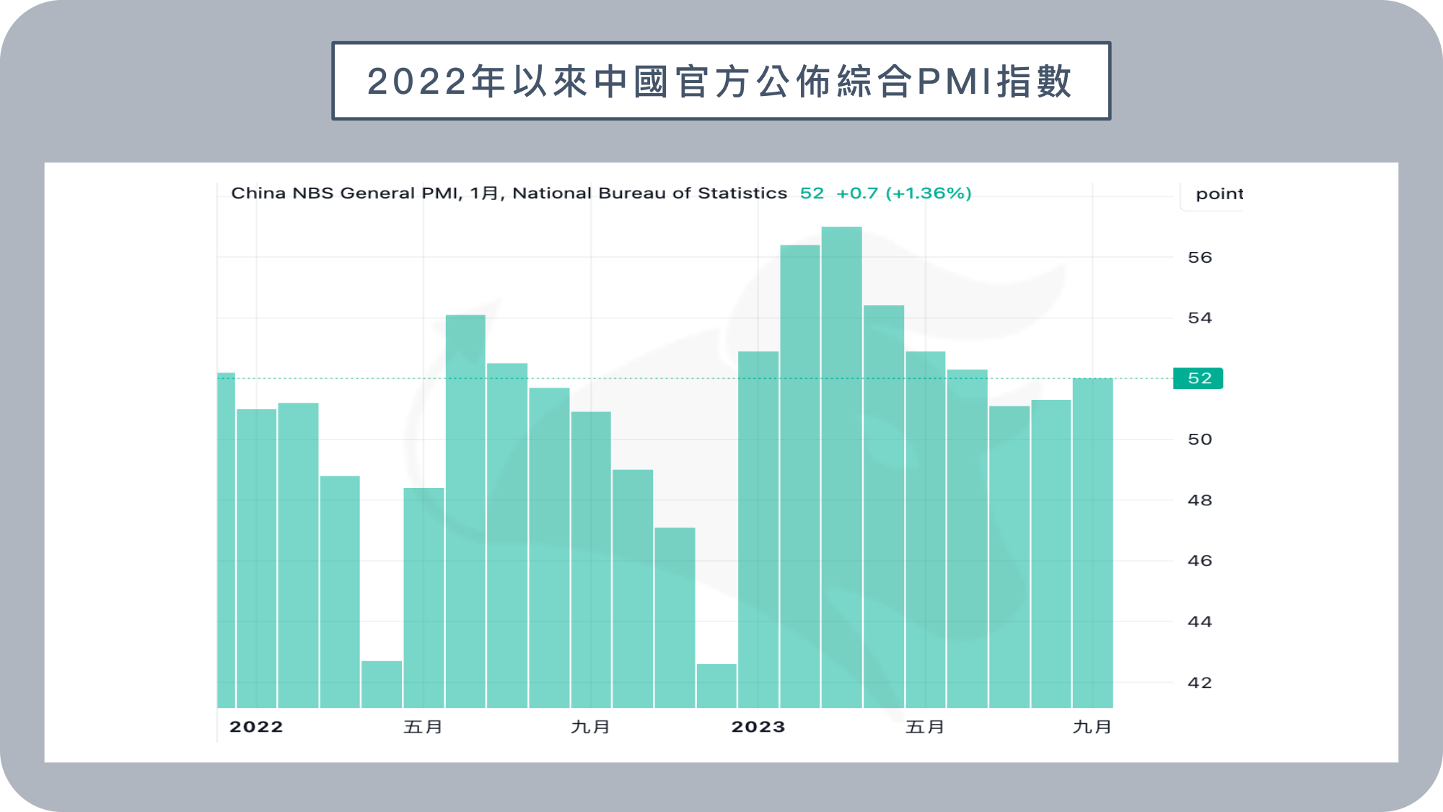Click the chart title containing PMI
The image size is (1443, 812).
[720, 81]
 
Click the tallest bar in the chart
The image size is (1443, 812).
[842, 467]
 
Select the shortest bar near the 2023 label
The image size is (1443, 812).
[716, 686]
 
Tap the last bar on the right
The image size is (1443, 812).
[1093, 543]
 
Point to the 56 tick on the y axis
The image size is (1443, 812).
[1200, 257]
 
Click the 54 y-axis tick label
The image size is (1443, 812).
[1200, 318]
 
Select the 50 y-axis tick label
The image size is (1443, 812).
[1200, 439]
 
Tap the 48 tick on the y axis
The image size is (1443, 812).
[1200, 499]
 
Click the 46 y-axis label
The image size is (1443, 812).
[1200, 560]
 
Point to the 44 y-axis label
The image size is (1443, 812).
[1200, 621]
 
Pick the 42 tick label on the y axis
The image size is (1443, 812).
[1200, 682]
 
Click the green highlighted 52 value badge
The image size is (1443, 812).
[1198, 378]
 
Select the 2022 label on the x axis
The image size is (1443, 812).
[256, 727]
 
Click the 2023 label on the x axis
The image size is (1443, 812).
[758, 727]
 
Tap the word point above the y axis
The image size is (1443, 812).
[1219, 193]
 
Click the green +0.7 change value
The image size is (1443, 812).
[857, 193]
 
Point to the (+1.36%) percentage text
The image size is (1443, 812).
[929, 193]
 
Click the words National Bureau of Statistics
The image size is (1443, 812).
[649, 193]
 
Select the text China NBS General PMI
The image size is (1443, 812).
[344, 193]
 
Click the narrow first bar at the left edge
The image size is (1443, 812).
[227, 540]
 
